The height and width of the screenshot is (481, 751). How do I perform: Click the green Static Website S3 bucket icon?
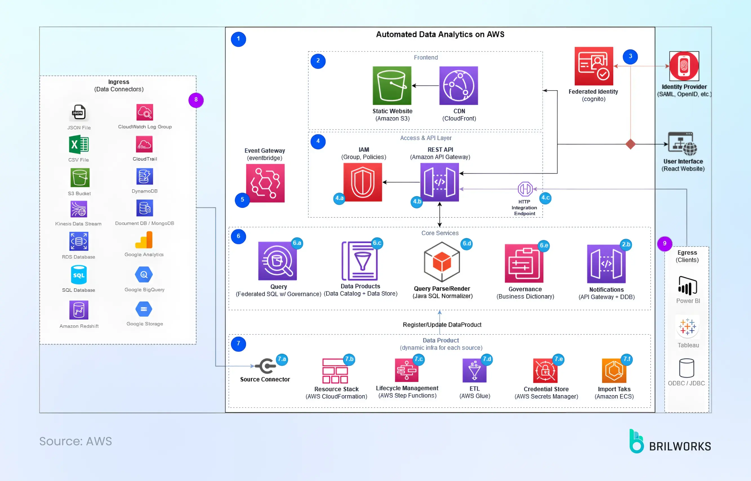point(392,86)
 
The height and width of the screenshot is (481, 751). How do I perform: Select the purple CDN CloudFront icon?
point(458,86)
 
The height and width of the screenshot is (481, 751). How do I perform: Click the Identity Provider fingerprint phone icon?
point(684,66)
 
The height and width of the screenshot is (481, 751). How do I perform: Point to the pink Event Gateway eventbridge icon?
point(265,183)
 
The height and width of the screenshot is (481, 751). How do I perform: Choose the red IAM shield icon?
point(362,182)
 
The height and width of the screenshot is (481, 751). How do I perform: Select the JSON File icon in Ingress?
point(79,112)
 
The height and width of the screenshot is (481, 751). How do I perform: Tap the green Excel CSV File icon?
point(79,144)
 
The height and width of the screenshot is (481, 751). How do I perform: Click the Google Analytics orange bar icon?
point(144,240)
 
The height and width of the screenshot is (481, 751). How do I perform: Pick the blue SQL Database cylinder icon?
point(79,275)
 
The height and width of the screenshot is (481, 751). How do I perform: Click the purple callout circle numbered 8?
point(196,100)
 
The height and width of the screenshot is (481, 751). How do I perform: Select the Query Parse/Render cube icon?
point(442,262)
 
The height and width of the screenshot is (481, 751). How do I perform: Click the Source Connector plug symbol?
point(266,366)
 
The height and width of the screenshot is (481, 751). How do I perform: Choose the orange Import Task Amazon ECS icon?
point(614,371)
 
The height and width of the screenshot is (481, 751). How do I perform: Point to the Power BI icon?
point(688,286)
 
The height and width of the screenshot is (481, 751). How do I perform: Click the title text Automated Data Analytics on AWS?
point(440,34)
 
